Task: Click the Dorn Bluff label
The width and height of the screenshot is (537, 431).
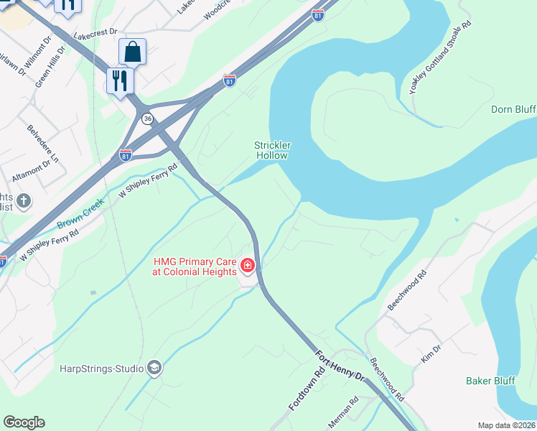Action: tap(513, 109)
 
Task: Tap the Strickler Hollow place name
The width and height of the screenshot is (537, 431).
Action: tap(271, 150)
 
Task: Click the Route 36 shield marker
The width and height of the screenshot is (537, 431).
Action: tap(147, 119)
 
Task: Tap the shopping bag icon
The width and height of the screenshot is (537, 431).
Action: tap(132, 52)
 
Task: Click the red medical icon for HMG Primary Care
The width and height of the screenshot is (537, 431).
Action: tap(248, 267)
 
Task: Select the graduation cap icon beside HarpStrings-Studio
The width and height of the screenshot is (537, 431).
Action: tap(154, 369)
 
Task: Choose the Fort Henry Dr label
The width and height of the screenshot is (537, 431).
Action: tap(340, 366)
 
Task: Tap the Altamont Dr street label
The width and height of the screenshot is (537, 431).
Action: tap(32, 172)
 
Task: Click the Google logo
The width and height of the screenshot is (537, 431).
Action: tap(24, 422)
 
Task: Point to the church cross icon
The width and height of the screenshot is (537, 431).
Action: tap(23, 200)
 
